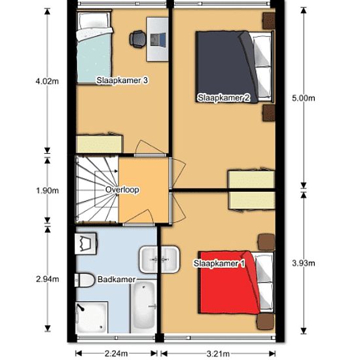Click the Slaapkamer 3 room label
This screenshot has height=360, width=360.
pyautogui.click(x=122, y=81)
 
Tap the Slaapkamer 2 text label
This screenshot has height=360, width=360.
pyautogui.click(x=224, y=98)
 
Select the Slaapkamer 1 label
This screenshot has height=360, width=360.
pyautogui.click(x=219, y=263)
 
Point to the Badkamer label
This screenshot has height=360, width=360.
pyautogui.click(x=117, y=279)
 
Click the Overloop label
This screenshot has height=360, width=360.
pyautogui.click(x=122, y=190)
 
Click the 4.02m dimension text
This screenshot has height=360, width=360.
pyautogui.click(x=47, y=81)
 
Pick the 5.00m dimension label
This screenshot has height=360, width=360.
pyautogui.click(x=304, y=98)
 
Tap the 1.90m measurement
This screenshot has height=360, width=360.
pyautogui.click(x=47, y=190)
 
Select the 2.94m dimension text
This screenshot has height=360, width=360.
pyautogui.click(x=48, y=279)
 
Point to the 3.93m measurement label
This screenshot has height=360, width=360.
pyautogui.click(x=304, y=263)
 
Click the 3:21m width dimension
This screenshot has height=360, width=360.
pyautogui.click(x=218, y=353)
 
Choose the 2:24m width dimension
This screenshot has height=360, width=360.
pyautogui.click(x=116, y=353)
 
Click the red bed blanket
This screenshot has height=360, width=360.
pyautogui.click(x=230, y=283)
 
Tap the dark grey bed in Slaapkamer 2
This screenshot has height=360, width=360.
pyautogui.click(x=234, y=67)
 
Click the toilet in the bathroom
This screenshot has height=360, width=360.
pyautogui.click(x=84, y=280)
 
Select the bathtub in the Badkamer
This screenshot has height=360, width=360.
pyautogui.click(x=144, y=306)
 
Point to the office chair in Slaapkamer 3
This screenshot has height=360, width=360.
pyautogui.click(x=137, y=39)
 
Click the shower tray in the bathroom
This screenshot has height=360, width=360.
pyautogui.click(x=92, y=317)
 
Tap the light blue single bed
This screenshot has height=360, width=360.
pyautogui.click(x=94, y=47)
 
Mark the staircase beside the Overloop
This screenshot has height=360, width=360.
pyautogui.click(x=97, y=189)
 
